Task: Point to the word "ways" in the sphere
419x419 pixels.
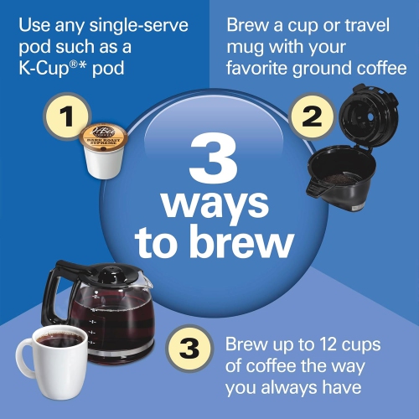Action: coord(215,204)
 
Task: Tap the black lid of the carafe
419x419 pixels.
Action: coord(109,274)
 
